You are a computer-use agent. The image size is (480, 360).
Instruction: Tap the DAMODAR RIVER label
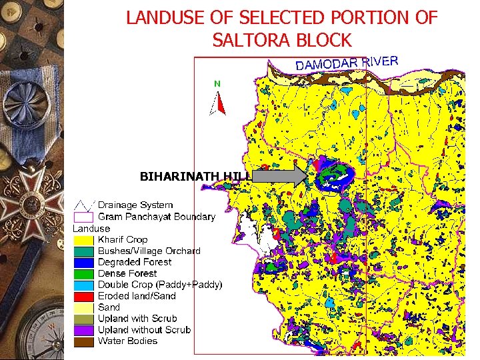click(x=347, y=63)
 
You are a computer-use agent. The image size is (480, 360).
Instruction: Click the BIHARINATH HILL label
click(x=194, y=177)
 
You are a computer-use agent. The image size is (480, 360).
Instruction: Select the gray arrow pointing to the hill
click(x=279, y=177)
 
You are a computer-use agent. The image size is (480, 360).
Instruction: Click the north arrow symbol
click(x=218, y=103)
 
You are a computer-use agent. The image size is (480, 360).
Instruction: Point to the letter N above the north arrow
click(x=217, y=84)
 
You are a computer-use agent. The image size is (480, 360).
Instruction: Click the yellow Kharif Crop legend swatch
click(x=84, y=239)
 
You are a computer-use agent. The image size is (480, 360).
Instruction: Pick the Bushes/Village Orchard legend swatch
click(x=84, y=251)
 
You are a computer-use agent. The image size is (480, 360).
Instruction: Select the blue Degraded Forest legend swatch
click(x=84, y=262)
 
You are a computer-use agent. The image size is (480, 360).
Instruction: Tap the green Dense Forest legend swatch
click(x=84, y=273)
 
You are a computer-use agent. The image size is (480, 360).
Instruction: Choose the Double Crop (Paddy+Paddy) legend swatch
click(x=84, y=285)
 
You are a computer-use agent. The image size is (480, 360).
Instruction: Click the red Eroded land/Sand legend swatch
click(x=84, y=296)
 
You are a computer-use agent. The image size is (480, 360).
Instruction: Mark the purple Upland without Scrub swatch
click(x=84, y=330)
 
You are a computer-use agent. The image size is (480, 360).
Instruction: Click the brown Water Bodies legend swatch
click(x=84, y=341)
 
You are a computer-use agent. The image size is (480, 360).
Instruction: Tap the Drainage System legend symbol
click(x=83, y=205)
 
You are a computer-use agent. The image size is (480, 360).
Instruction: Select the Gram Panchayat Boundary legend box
click(x=83, y=216)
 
